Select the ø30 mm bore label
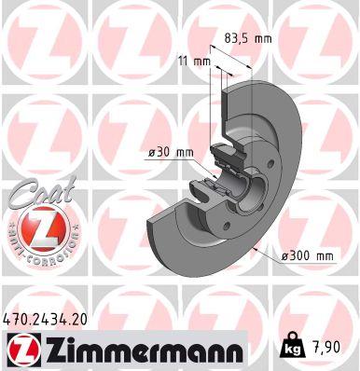[x=170, y=153]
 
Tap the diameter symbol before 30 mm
[x=151, y=153]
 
